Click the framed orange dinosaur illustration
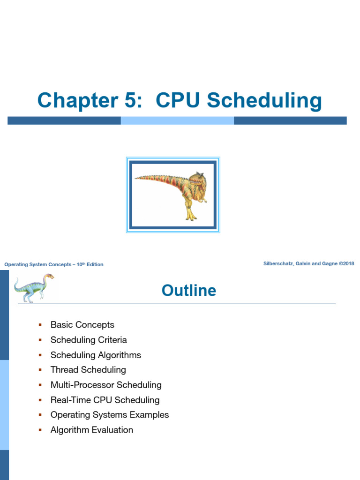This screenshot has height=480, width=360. (x=173, y=195)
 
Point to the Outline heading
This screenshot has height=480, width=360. (x=189, y=291)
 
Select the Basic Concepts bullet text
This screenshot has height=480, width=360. (x=82, y=325)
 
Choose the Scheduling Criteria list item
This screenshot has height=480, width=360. (x=89, y=340)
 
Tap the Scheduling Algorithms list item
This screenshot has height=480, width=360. (x=96, y=355)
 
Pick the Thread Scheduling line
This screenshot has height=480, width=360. (x=88, y=370)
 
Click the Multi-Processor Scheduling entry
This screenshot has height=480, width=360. (x=106, y=385)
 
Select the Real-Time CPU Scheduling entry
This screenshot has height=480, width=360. (x=105, y=400)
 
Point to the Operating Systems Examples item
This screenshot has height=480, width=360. (x=110, y=415)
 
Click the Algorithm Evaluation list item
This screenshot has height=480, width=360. (x=92, y=430)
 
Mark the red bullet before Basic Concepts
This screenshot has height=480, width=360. (x=40, y=324)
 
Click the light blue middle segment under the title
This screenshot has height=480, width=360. (x=177, y=120)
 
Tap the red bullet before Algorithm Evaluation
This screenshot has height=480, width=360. (x=40, y=429)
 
